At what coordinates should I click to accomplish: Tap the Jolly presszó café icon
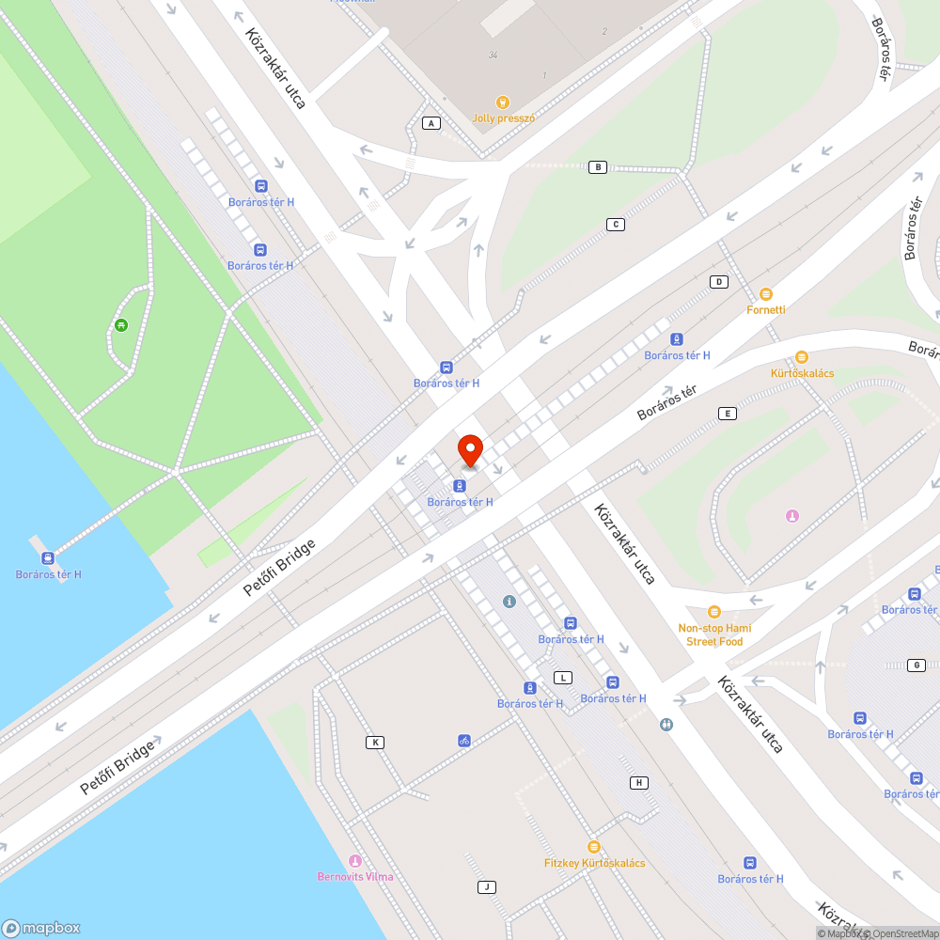point(503,102)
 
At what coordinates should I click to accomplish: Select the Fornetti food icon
point(766,294)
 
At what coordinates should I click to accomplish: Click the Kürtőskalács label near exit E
point(802,373)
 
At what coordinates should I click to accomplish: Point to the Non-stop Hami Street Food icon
point(713,612)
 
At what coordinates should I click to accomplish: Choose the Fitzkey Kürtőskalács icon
point(593,847)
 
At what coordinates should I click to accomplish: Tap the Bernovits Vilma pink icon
point(354,861)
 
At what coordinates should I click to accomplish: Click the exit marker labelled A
point(431,123)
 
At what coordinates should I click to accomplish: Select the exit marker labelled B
point(597,167)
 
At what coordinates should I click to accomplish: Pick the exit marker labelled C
point(616,224)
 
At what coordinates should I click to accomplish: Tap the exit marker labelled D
point(719,282)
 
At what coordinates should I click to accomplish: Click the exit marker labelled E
point(727,413)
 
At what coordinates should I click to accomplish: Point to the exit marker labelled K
point(375,743)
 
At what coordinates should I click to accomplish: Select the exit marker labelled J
point(487,887)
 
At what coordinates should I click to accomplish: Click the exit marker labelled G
point(916,666)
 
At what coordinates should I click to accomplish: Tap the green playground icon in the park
point(121,325)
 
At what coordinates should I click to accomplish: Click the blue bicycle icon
point(464,741)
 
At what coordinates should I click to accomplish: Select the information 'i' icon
point(509,601)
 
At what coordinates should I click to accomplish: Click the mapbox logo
point(41,927)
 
